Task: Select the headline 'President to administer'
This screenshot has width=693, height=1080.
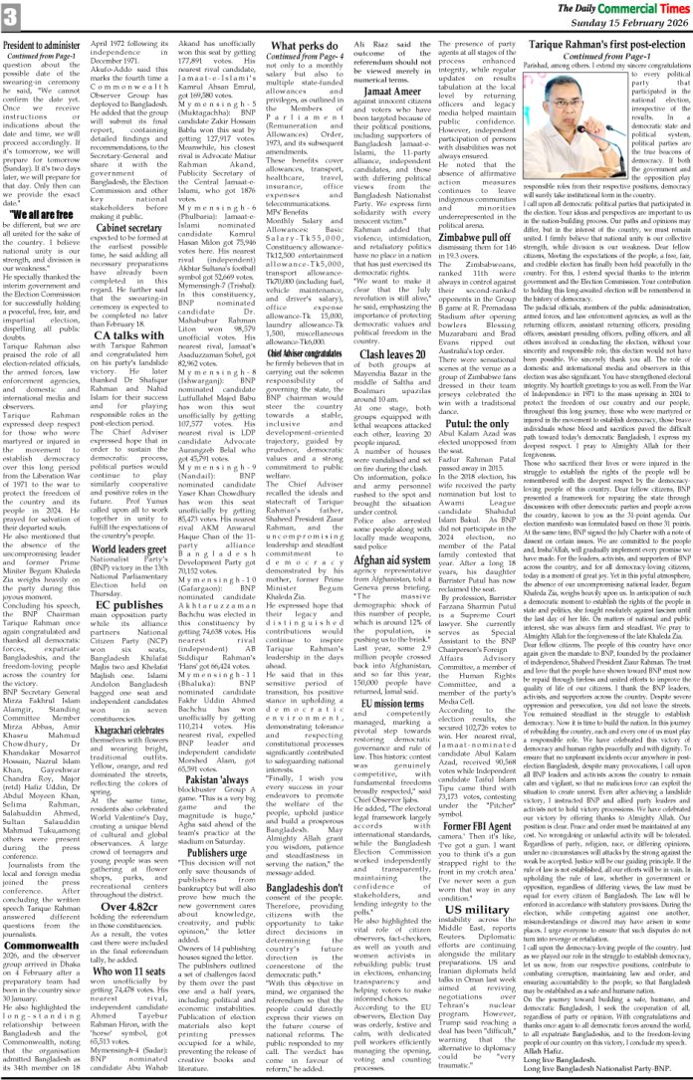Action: (x=48, y=46)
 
